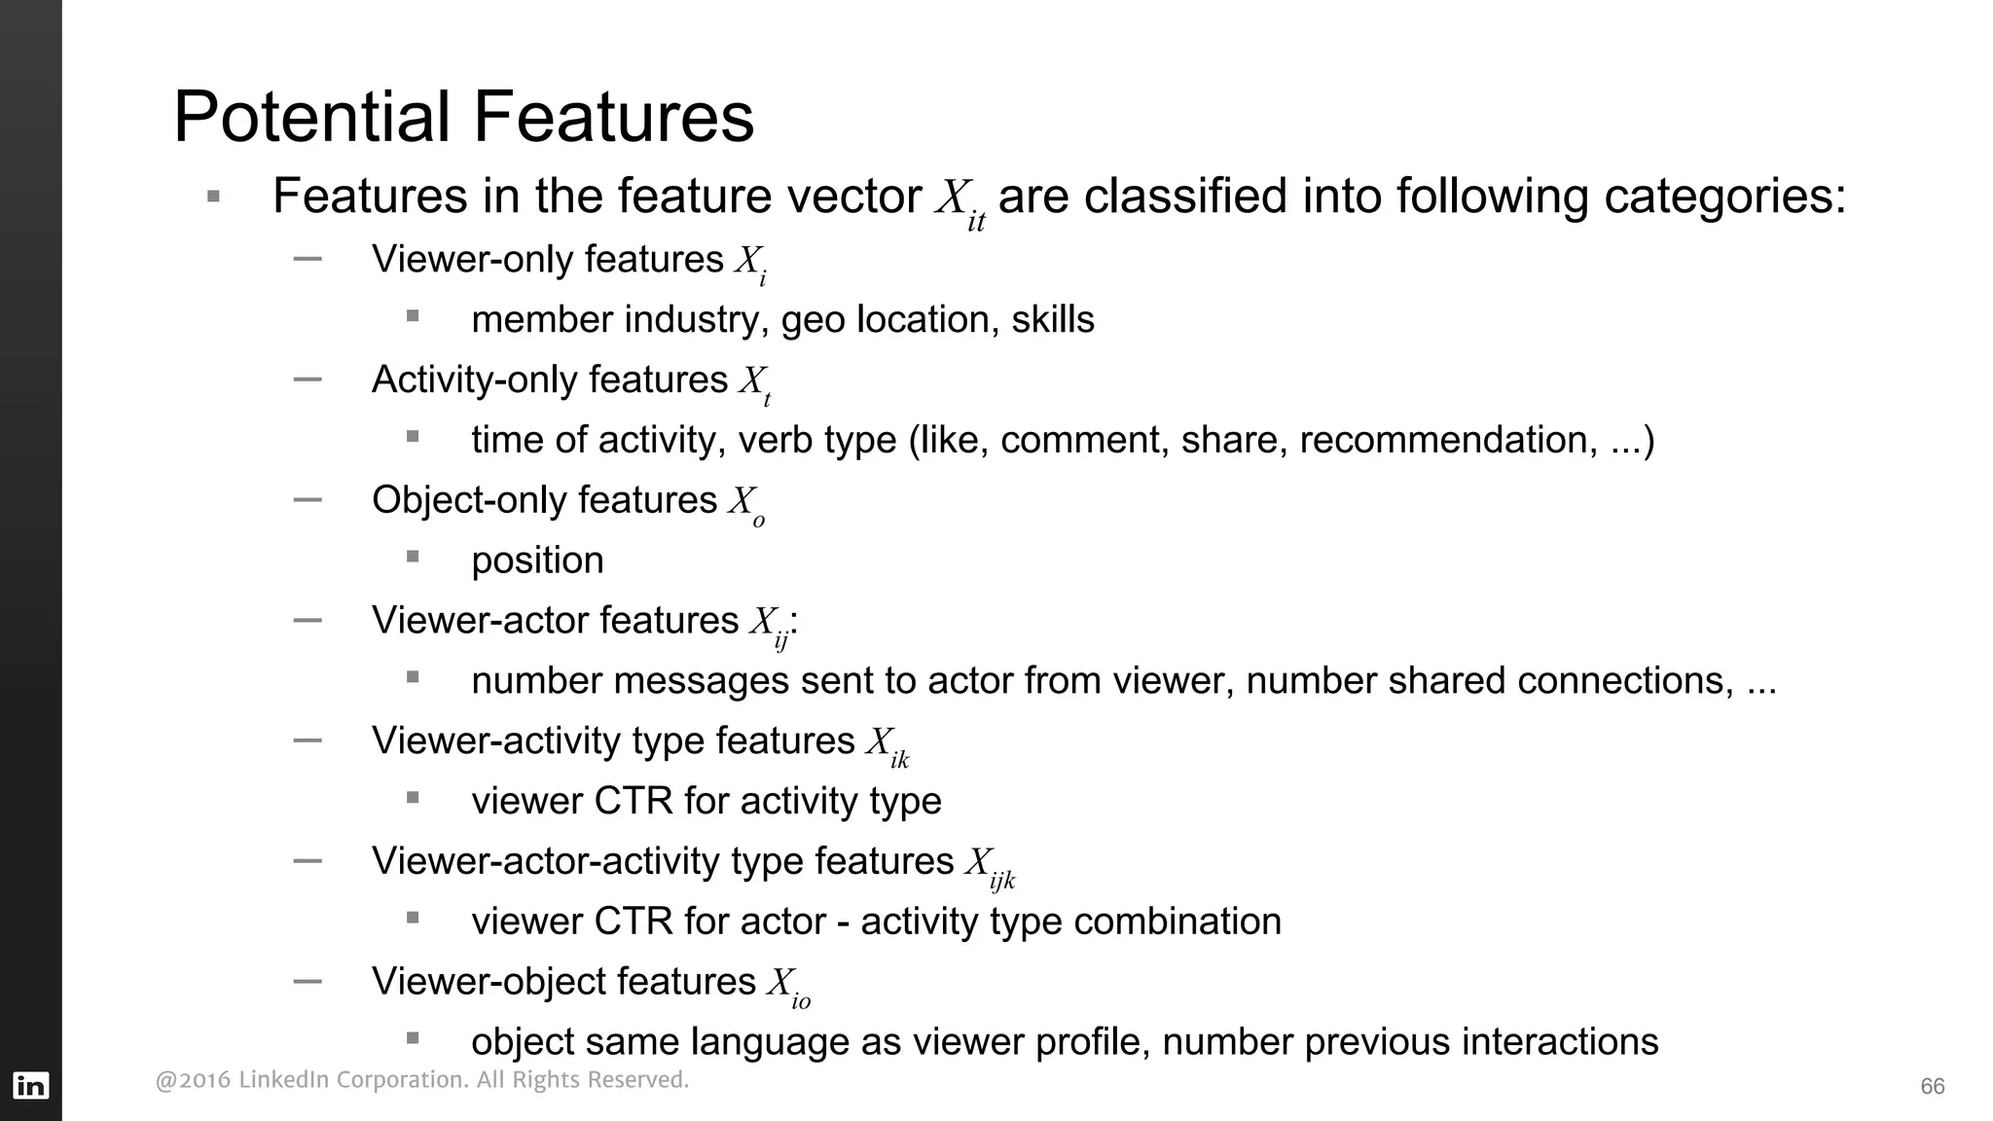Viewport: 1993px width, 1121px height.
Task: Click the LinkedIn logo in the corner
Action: coord(31,1085)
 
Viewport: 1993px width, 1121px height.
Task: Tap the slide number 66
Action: coord(1932,1087)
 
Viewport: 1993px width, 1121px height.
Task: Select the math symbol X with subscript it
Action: coord(960,201)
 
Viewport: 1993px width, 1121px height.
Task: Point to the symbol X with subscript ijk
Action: coord(989,866)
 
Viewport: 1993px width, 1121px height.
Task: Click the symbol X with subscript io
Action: coord(787,987)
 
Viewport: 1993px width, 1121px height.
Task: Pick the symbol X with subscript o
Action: coord(746,505)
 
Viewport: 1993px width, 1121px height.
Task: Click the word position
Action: coord(537,560)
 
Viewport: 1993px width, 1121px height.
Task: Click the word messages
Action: coord(701,681)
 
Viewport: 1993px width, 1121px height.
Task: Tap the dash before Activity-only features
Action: coord(308,380)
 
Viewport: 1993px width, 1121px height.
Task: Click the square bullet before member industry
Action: coord(413,316)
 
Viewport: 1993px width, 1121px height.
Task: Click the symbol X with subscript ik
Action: coord(886,745)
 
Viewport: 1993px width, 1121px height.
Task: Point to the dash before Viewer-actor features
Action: coord(308,620)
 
